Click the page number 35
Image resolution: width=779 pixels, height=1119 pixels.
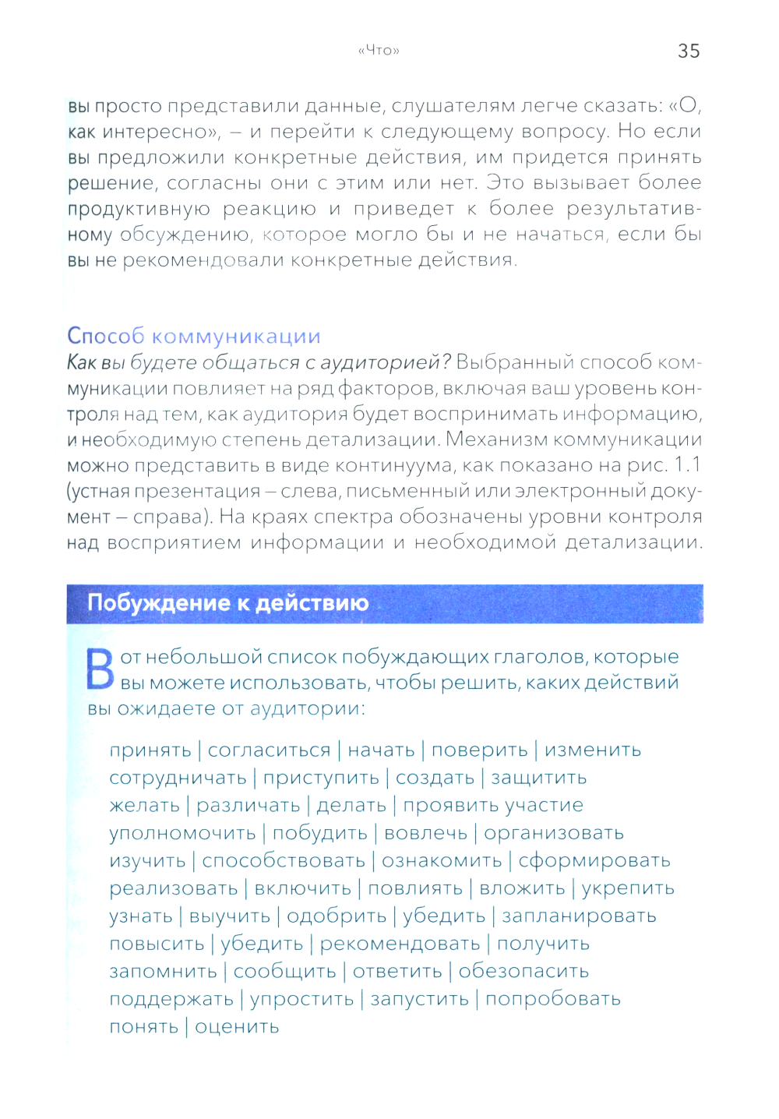click(689, 51)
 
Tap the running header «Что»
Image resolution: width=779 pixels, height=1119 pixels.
click(379, 51)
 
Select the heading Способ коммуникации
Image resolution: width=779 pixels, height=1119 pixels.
click(194, 336)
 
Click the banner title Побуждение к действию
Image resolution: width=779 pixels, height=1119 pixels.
click(227, 603)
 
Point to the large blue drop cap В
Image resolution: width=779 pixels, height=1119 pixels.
click(100, 669)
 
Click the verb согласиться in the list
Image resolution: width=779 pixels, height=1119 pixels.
click(269, 750)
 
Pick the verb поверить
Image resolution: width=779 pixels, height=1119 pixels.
click(479, 750)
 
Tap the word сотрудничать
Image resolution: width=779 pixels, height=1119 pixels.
click(178, 778)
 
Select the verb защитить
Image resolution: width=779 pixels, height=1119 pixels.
click(538, 778)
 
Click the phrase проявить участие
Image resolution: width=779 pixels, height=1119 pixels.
click(492, 806)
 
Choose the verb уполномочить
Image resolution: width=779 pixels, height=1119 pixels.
click(182, 833)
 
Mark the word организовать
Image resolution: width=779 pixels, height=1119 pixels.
click(553, 833)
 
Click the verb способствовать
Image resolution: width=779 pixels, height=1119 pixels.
click(284, 861)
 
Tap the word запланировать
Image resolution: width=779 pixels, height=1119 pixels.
click(579, 916)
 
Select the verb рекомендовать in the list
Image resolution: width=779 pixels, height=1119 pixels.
click(400, 944)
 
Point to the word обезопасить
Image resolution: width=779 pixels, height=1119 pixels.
click(523, 972)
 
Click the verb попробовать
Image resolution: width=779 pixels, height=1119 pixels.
click(552, 1000)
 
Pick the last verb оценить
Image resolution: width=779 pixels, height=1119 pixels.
click(237, 1027)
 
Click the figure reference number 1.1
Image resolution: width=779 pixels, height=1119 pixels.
click(687, 465)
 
